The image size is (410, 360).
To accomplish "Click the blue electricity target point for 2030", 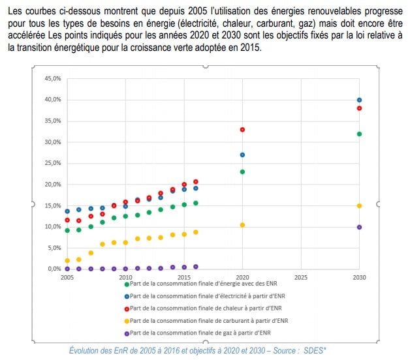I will [359, 100].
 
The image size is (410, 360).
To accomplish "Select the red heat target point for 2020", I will [242, 129].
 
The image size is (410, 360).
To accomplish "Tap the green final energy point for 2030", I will [359, 134].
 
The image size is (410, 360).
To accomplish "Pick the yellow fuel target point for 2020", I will [242, 225].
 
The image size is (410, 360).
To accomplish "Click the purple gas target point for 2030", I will [359, 227].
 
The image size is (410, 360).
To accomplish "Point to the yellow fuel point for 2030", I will [359, 205].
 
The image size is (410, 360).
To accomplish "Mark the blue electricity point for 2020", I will [242, 155].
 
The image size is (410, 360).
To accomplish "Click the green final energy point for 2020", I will [242, 172].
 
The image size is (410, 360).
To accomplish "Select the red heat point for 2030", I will [359, 108].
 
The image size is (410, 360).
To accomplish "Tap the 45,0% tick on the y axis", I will [52, 78].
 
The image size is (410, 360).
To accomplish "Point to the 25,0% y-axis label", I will [52, 163].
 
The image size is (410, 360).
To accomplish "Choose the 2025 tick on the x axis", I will [301, 277].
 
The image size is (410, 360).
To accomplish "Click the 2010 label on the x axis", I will [125, 277].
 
